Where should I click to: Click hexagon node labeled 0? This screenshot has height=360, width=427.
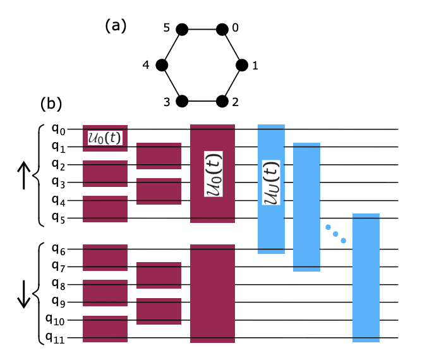click(x=222, y=29)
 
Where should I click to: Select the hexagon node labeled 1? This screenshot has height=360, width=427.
click(x=242, y=65)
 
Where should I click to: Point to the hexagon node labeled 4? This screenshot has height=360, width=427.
click(x=162, y=65)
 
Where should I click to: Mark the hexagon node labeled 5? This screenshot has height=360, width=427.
click(x=182, y=29)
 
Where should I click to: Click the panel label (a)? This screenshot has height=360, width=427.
click(x=116, y=26)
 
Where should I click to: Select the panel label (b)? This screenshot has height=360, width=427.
click(x=51, y=102)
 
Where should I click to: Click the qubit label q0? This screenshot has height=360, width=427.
click(x=59, y=129)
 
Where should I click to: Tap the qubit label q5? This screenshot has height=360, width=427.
click(x=59, y=219)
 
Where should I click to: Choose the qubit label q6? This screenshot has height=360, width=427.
click(x=59, y=249)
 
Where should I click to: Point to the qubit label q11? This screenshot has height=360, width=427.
click(x=57, y=338)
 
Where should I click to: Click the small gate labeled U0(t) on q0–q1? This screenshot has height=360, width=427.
click(x=105, y=138)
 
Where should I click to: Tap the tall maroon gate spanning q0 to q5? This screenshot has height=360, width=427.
click(x=212, y=174)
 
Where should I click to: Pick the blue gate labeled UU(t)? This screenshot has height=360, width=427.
click(x=271, y=188)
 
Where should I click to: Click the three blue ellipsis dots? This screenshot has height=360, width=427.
click(x=335, y=233)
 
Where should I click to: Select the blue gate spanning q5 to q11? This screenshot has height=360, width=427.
click(x=366, y=278)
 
